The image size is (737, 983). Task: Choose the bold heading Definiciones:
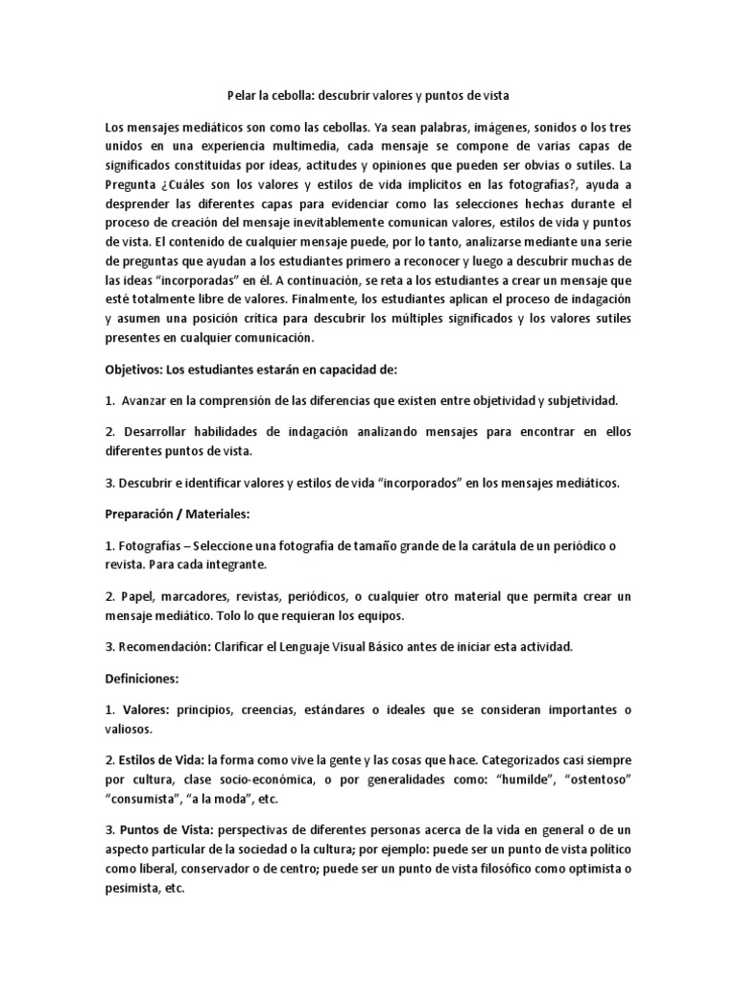[x=141, y=679]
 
